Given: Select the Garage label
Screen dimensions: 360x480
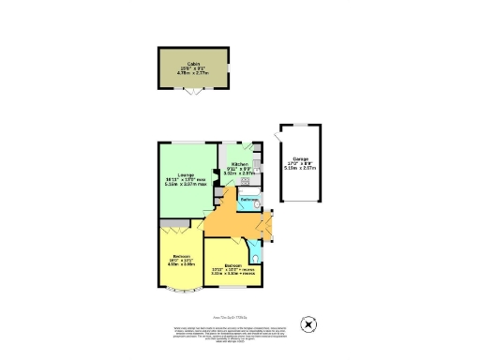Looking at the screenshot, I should (x=300, y=158).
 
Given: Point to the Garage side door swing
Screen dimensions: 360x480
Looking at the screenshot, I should (x=277, y=139).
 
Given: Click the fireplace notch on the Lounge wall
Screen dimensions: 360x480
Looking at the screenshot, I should (x=217, y=193).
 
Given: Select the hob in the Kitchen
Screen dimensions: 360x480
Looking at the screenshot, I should (x=256, y=166).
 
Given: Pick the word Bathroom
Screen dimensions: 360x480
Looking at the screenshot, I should (x=248, y=201).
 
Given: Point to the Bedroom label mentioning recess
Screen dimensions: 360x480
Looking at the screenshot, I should (x=232, y=269).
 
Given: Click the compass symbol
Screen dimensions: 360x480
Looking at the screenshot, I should (x=307, y=325).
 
